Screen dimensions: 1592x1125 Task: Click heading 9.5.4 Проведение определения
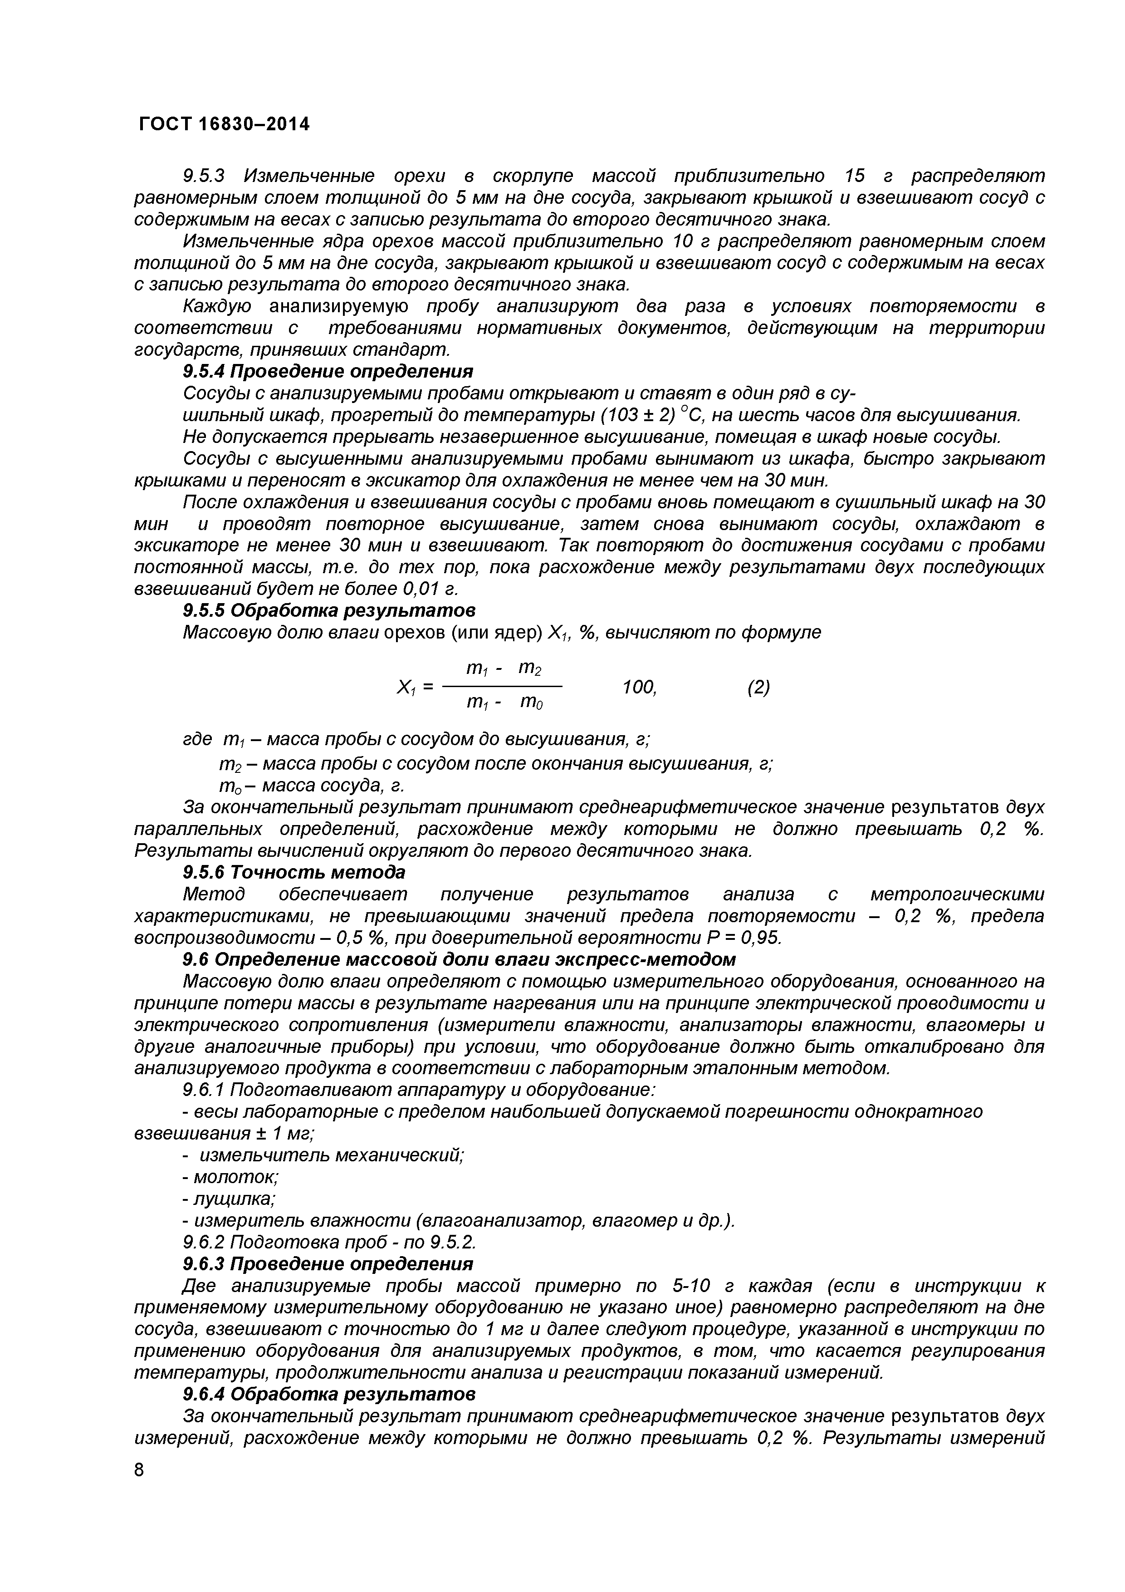point(328,372)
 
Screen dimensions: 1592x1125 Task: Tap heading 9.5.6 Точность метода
point(294,872)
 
